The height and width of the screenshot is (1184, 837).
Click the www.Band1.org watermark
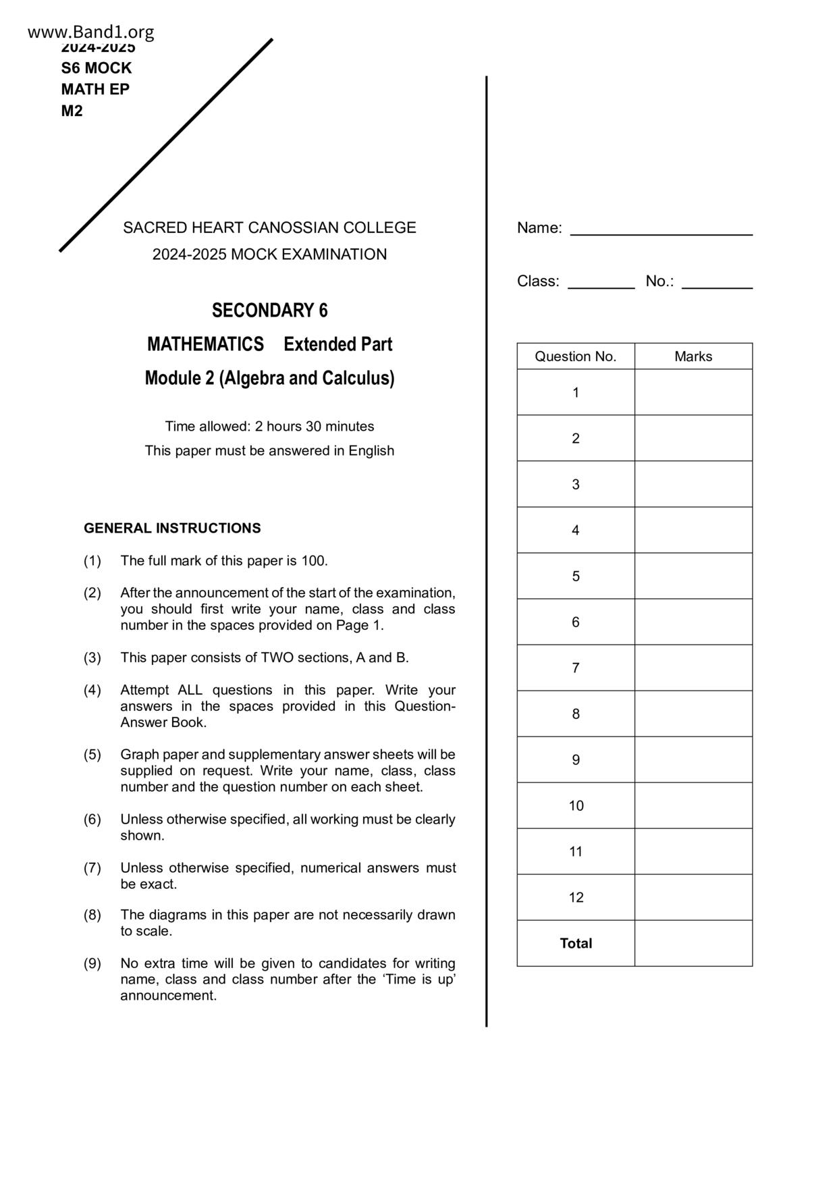[x=91, y=32]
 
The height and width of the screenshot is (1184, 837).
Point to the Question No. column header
[x=575, y=356]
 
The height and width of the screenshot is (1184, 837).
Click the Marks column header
[x=693, y=356]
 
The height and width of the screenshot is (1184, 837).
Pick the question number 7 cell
[x=575, y=668]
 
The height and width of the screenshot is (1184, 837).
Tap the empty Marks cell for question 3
[x=693, y=484]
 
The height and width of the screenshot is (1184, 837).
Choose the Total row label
[x=575, y=943]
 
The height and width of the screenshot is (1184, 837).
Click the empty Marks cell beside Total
[x=693, y=943]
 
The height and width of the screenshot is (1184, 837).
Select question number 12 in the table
[x=575, y=897]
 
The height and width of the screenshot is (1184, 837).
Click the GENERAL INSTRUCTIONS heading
[x=172, y=528]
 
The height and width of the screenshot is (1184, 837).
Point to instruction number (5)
[x=92, y=755]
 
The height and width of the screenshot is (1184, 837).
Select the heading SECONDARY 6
[x=269, y=311]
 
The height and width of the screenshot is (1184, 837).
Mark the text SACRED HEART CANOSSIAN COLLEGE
[x=269, y=227]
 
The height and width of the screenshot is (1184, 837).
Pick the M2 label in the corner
[x=72, y=111]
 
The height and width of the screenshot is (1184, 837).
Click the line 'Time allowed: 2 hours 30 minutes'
[x=269, y=427]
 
